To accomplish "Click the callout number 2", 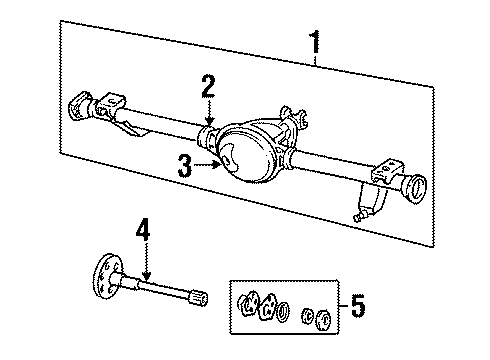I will click(208, 86).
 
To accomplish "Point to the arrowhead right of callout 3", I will click(219, 166).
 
